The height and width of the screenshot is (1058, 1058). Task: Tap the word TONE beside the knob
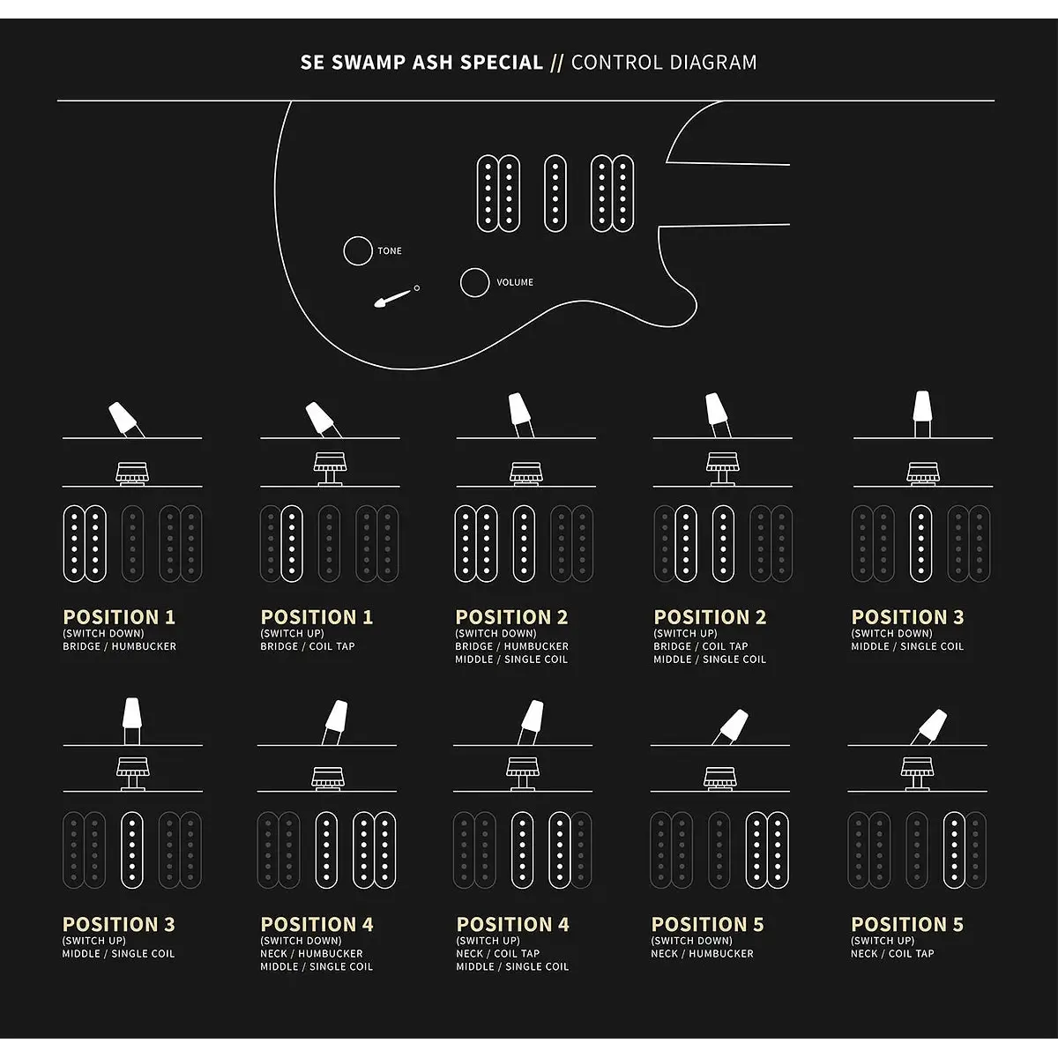(x=390, y=251)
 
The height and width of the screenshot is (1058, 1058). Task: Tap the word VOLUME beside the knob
(x=514, y=282)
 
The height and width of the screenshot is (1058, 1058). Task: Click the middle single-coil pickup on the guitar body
(x=555, y=193)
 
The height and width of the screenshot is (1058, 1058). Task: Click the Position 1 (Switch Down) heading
(x=119, y=617)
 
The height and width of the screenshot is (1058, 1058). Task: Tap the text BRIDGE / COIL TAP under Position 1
(x=308, y=646)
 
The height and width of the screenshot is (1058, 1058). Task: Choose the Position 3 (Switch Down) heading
(x=907, y=617)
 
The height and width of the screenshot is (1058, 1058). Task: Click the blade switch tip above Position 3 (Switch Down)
(x=922, y=406)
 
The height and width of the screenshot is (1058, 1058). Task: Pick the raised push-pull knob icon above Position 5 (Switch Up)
(x=917, y=773)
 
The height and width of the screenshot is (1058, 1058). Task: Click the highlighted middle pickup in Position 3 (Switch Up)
(x=131, y=850)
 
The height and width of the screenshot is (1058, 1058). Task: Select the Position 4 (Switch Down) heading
(x=317, y=925)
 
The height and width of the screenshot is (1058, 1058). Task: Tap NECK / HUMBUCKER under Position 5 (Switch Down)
(x=702, y=954)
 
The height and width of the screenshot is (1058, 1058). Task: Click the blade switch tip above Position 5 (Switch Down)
(x=734, y=725)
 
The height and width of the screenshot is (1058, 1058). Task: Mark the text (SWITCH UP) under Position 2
(x=685, y=633)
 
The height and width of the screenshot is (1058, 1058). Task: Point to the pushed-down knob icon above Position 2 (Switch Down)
(x=526, y=473)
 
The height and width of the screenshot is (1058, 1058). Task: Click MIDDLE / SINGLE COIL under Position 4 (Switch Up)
(x=512, y=967)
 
